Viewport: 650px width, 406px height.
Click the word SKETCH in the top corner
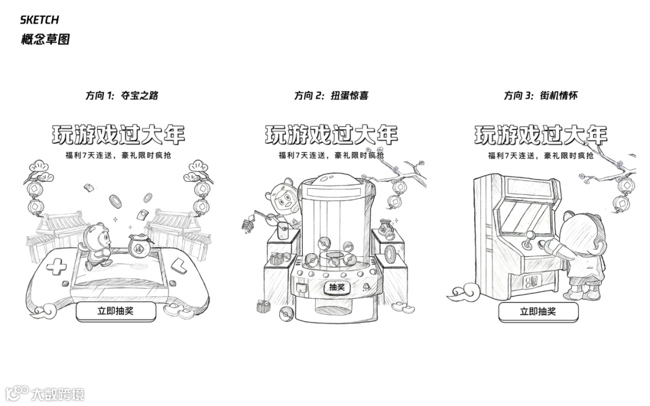click(40, 20)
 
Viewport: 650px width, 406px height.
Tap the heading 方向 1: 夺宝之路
click(122, 95)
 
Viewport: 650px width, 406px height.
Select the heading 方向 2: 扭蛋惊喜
click(331, 95)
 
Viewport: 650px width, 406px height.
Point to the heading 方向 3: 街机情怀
click(540, 95)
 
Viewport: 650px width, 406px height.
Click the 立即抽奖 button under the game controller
click(116, 311)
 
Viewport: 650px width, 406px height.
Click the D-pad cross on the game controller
click(58, 267)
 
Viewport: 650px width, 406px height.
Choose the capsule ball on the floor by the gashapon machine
click(286, 313)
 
